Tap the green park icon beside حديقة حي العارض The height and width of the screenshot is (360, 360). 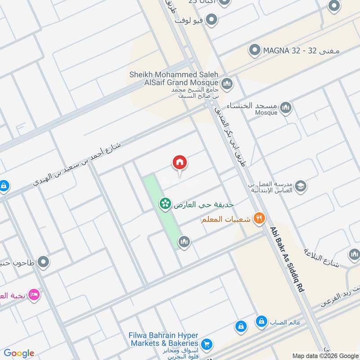pos(165,204)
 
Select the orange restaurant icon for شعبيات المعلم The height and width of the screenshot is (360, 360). pos(259,219)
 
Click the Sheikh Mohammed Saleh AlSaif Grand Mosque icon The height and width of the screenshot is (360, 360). pos(227,83)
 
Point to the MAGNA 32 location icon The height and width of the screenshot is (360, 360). pos(255,50)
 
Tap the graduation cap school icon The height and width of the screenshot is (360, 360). pos(300,186)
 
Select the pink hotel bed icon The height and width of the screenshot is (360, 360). pos(33,295)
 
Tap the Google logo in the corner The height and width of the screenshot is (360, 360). pos(19,353)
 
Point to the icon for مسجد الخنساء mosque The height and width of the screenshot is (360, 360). pos(285,108)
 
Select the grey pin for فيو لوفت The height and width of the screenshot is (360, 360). pos(211,20)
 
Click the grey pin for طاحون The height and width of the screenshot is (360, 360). pos(43,261)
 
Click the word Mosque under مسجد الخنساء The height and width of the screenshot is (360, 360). pos(267,113)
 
